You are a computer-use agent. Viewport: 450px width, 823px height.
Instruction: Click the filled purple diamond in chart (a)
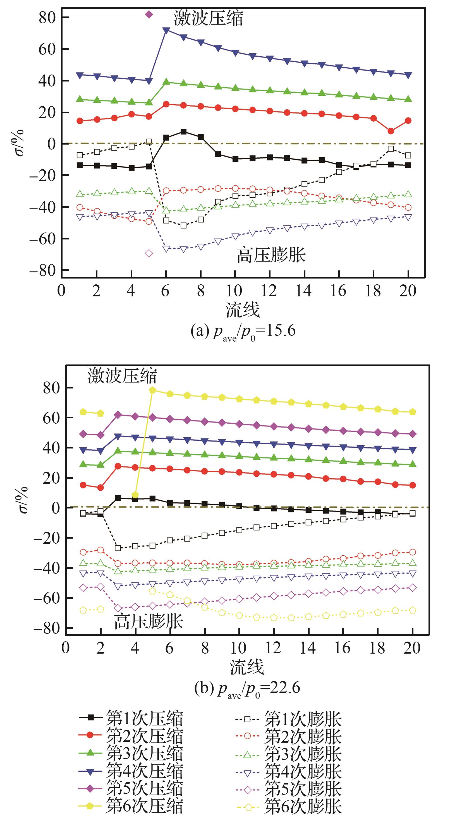pos(149,15)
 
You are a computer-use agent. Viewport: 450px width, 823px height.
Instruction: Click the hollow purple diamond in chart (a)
pos(149,253)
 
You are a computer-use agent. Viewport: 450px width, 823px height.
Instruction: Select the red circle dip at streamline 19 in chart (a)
pos(391,131)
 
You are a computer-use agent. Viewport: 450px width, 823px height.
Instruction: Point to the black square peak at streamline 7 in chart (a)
pos(183,132)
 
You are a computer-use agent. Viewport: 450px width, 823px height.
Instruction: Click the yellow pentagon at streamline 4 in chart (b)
pos(135,495)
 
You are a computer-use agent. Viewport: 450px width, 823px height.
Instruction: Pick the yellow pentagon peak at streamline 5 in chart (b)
pos(152,390)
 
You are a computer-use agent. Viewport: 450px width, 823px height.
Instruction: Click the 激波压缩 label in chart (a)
pos(208,18)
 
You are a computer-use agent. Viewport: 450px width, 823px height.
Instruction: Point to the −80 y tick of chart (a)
pos(42,270)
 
